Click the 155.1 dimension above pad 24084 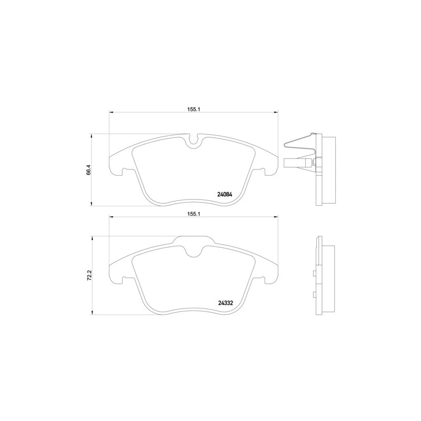[193, 109]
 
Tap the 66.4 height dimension [89, 170]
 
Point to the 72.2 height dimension [89, 275]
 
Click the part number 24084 [225, 193]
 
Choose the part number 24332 [225, 302]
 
